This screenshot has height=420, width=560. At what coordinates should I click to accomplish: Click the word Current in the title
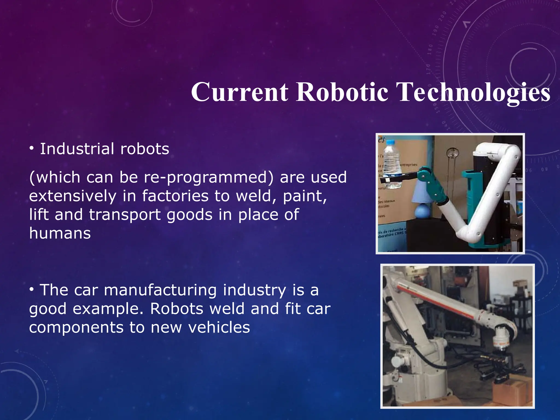240,92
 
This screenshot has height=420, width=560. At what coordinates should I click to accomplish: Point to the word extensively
73,196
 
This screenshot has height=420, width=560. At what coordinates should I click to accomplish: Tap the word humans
60,233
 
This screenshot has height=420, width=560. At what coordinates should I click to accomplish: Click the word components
76,327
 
